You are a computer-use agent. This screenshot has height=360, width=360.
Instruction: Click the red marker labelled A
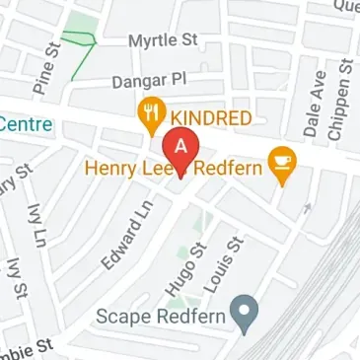click(180, 148)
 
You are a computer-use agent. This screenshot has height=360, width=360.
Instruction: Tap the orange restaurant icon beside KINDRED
click(151, 115)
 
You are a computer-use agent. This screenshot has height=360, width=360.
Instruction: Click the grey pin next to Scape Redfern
click(243, 317)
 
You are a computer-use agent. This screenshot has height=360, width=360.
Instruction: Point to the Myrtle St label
click(163, 42)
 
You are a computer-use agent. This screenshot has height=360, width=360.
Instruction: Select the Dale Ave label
click(315, 105)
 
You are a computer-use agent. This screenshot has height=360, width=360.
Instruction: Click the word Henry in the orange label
click(110, 167)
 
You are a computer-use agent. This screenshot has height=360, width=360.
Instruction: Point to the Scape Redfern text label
click(161, 317)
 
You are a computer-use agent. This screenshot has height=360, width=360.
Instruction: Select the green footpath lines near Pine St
click(78, 41)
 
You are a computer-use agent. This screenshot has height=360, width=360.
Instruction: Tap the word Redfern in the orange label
click(229, 167)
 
